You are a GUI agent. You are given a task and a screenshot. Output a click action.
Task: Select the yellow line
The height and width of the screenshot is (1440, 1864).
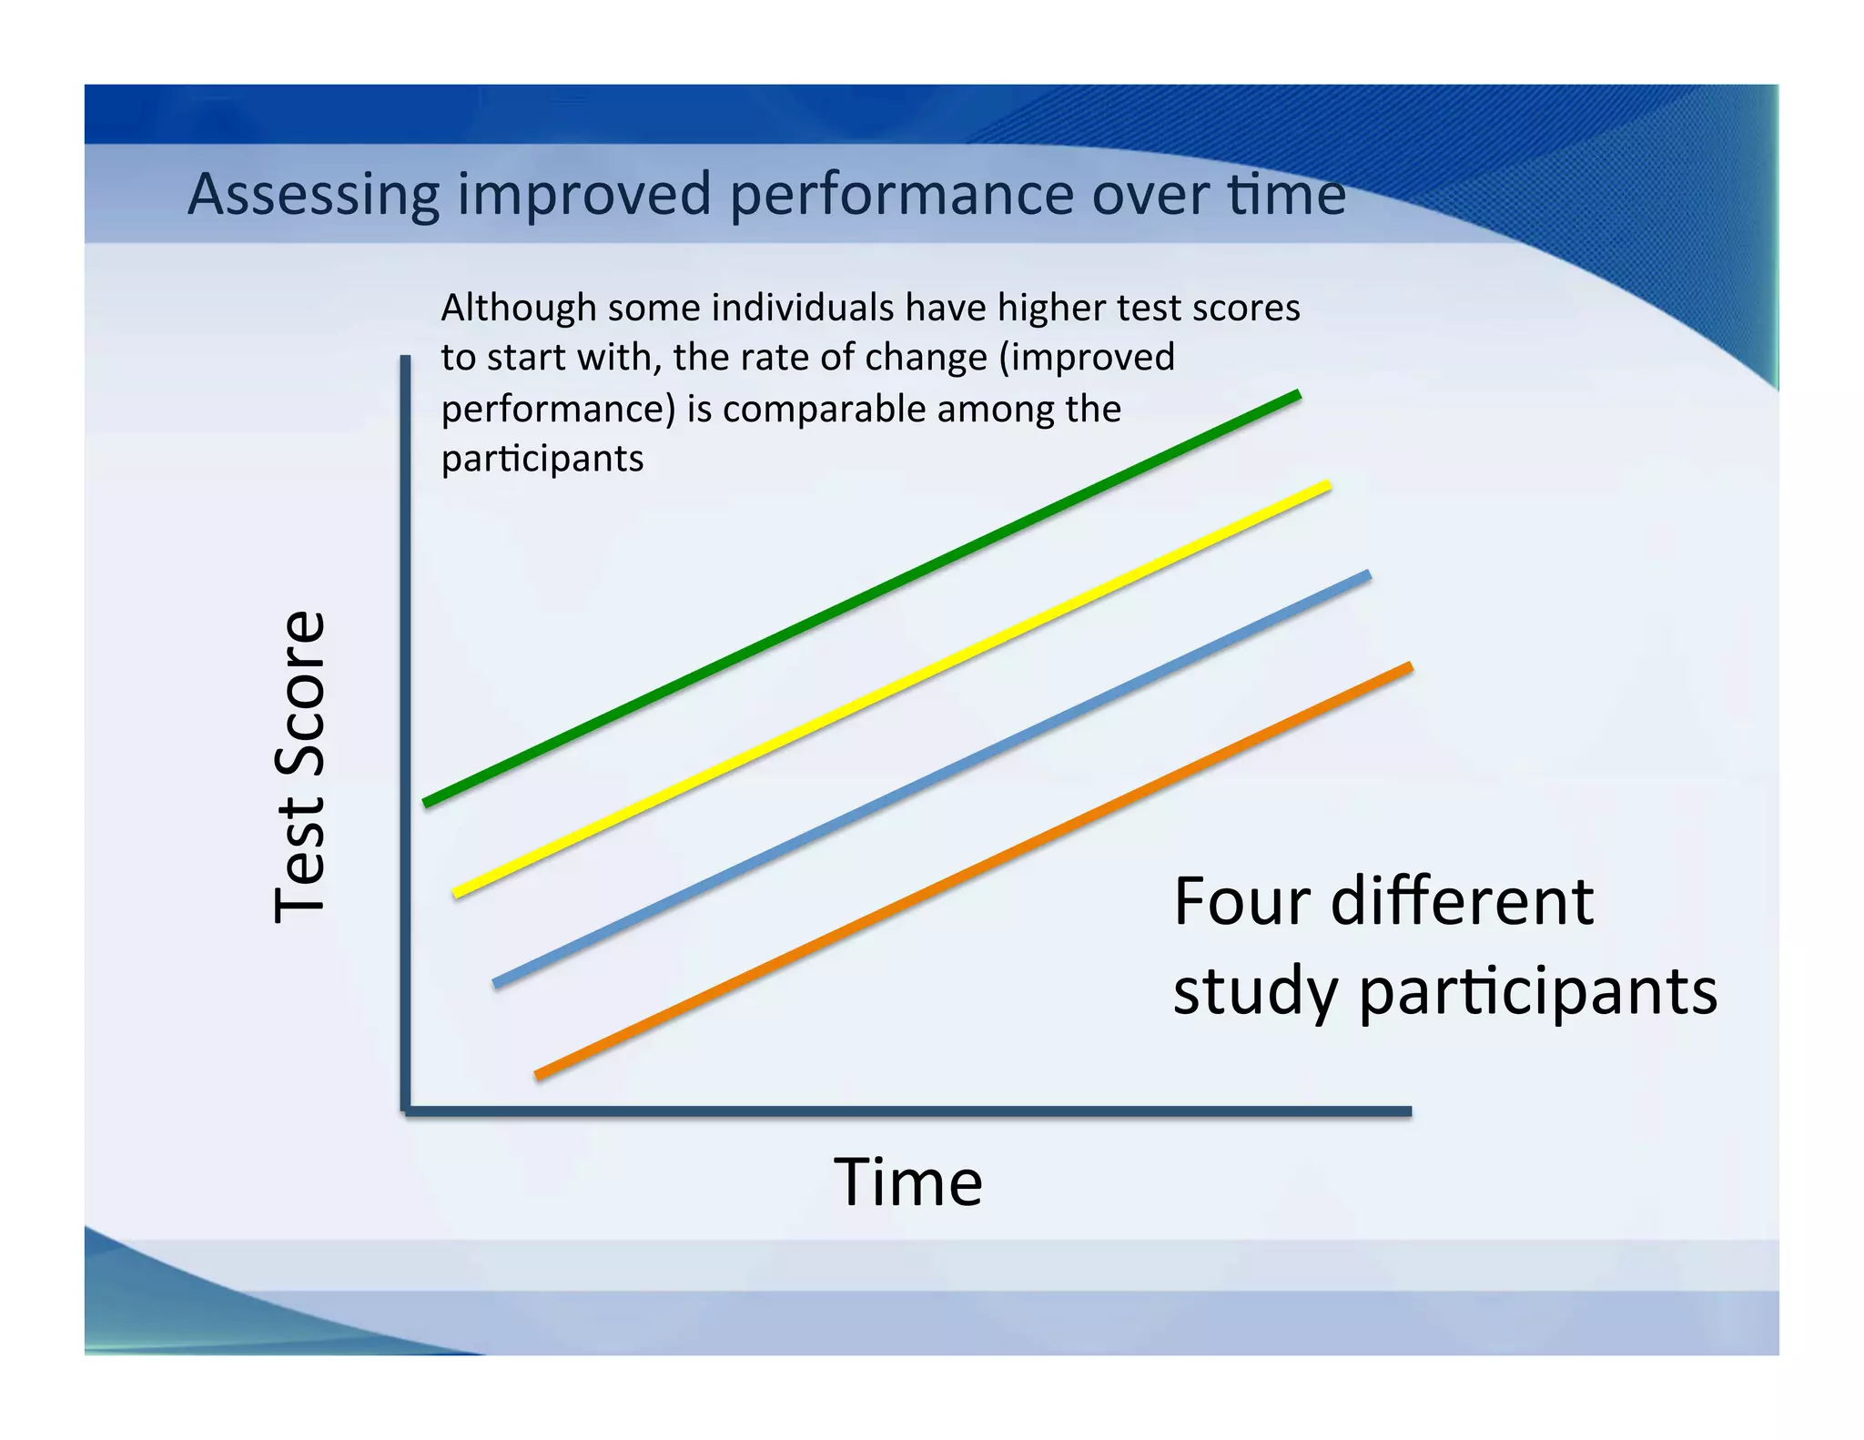(x=892, y=689)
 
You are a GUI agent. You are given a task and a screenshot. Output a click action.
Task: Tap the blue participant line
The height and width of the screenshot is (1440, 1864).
(x=931, y=778)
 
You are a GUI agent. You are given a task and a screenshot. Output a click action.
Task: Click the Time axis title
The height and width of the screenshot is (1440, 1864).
(x=907, y=1182)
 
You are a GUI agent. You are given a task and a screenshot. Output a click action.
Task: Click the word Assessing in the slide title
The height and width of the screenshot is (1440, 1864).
(x=313, y=194)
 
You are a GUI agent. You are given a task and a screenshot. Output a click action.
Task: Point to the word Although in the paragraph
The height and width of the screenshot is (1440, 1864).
(x=518, y=308)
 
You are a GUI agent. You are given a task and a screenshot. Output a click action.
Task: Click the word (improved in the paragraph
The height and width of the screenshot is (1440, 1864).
(x=1087, y=357)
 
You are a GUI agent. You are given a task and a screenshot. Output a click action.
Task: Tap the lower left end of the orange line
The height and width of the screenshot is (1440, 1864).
(x=540, y=1075)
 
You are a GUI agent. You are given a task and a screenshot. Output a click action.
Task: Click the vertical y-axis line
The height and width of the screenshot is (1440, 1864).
(x=405, y=728)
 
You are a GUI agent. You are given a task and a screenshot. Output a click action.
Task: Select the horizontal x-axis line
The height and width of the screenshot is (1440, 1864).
(x=910, y=1110)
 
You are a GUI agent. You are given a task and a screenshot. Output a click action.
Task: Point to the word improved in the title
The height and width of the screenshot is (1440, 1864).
(x=583, y=194)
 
